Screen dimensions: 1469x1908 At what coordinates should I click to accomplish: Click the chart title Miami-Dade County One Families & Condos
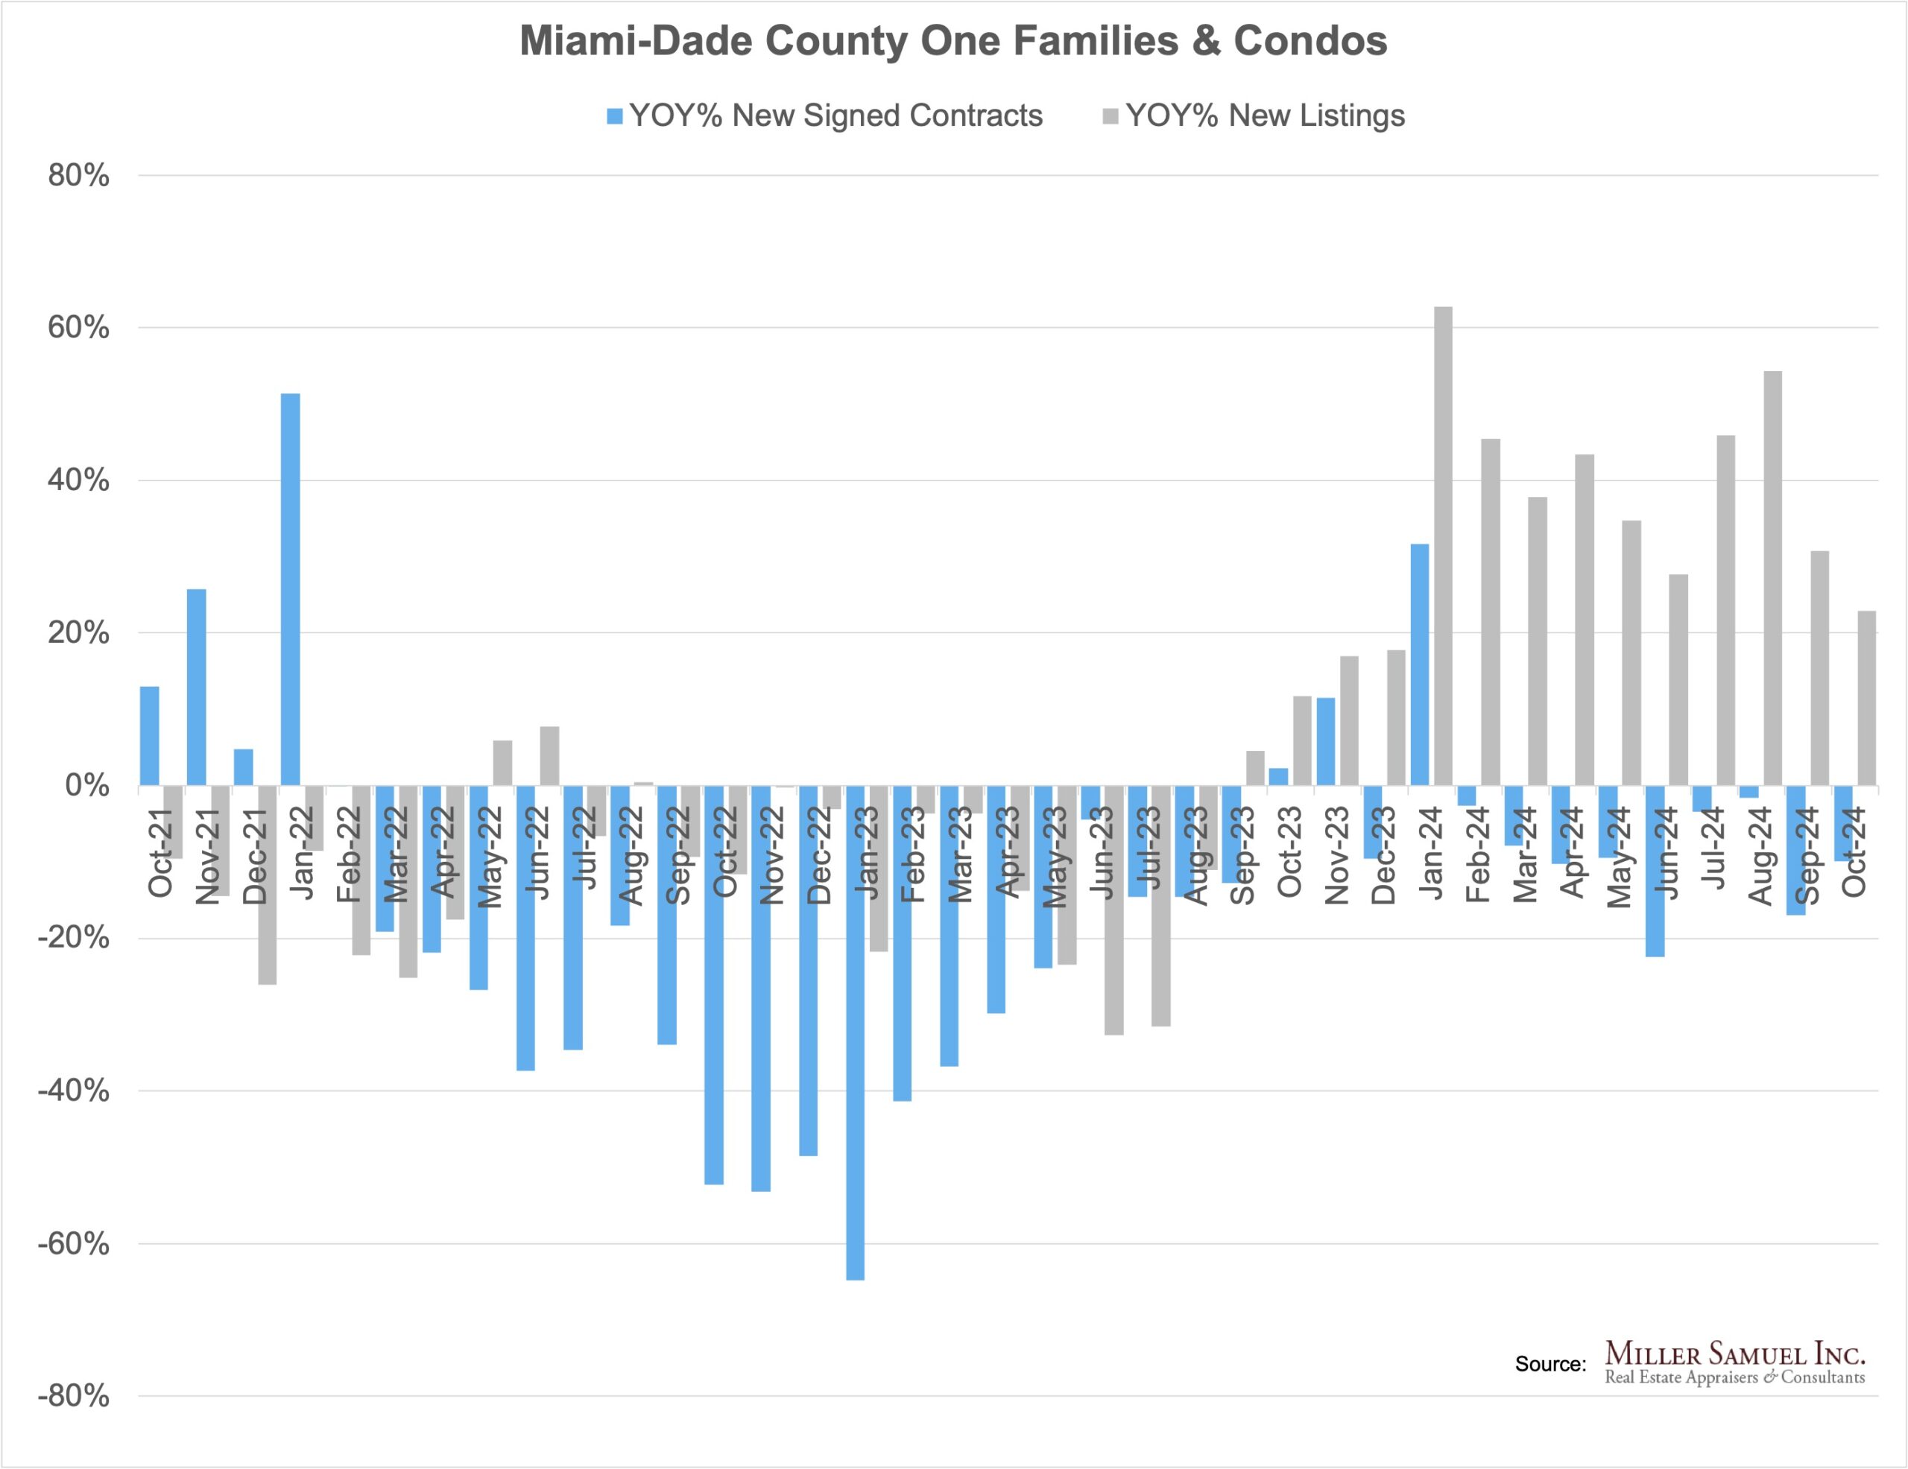[953, 41]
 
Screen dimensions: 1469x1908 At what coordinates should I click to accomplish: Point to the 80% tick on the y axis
[78, 176]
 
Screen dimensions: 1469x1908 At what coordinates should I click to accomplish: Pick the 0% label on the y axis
[87, 785]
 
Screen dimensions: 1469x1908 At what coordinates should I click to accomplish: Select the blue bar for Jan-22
[290, 589]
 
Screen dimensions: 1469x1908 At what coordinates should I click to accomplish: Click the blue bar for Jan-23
[856, 1032]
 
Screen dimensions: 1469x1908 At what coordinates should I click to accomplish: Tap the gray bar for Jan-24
[1443, 546]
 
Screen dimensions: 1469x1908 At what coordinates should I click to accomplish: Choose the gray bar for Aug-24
[1772, 578]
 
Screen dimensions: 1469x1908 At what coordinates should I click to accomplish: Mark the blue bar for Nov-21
[197, 688]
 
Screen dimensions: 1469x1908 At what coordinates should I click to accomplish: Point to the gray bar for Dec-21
[267, 885]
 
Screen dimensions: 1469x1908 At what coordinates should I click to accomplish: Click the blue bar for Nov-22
[761, 988]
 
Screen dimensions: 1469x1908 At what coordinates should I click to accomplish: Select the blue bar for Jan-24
[1420, 664]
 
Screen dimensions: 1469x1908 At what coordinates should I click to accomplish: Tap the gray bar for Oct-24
[1866, 698]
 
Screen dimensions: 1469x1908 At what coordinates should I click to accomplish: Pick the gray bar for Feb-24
[1491, 612]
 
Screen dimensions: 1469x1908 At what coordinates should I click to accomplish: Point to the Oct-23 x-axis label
[1289, 851]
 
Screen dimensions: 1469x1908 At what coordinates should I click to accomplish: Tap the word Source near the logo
[1550, 1364]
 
